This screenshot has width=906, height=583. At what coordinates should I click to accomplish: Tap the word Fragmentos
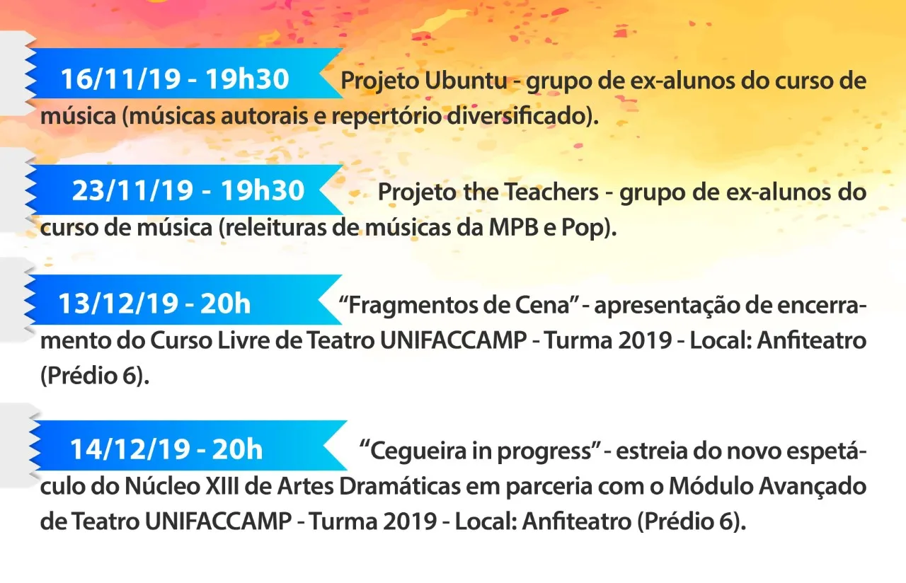pos(405,306)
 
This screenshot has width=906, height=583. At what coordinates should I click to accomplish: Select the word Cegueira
pos(417,451)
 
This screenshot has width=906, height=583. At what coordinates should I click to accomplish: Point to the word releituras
pos(276,228)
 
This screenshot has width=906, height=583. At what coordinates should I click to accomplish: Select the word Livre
pos(243,340)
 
